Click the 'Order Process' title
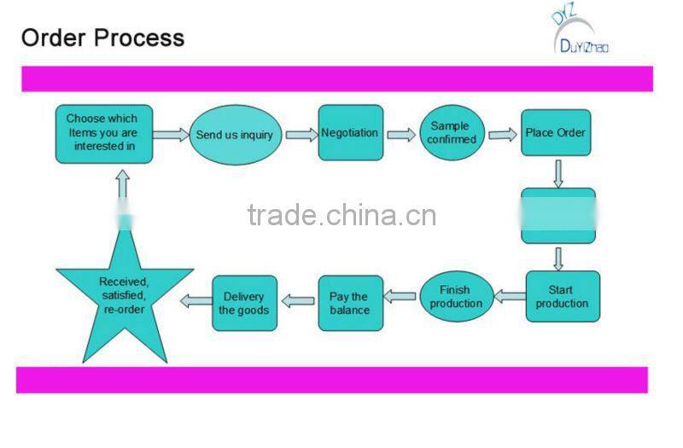(102, 38)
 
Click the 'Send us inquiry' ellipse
(235, 135)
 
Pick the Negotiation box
(350, 132)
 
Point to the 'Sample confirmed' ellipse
(452, 133)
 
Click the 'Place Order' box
(556, 133)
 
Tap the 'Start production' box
(562, 296)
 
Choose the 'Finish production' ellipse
(456, 296)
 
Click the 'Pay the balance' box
(350, 303)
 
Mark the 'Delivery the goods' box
(244, 303)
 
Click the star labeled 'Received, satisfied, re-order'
(123, 295)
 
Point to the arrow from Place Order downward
(558, 173)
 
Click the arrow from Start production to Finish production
(511, 297)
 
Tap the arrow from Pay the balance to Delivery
(298, 300)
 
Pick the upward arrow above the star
(122, 189)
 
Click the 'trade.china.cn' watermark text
(341, 215)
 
